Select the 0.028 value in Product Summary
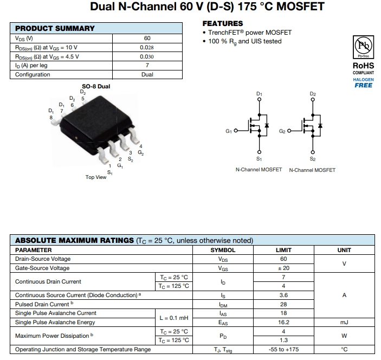[147, 47]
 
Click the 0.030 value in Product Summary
[147, 56]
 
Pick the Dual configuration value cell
[147, 74]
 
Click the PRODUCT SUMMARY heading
[55, 28]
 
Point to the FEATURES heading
[223, 23]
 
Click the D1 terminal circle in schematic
[260, 101]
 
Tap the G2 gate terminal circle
[289, 131]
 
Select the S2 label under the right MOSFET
[313, 159]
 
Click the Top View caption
[96, 177]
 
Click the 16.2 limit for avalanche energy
[283, 322]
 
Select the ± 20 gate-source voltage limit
[283, 268]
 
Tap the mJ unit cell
[344, 322]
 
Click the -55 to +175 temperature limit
[283, 350]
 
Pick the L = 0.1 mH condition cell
[173, 318]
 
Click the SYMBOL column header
[223, 250]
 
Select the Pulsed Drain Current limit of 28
[283, 304]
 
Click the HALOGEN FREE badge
[363, 82]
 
